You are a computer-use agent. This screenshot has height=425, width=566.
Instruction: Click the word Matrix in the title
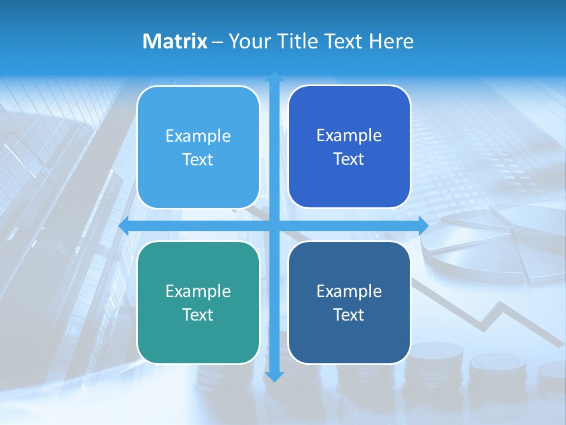pos(175,41)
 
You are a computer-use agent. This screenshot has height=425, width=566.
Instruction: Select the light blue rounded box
pos(198,148)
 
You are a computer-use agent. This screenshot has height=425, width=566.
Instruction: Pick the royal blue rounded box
pos(349,147)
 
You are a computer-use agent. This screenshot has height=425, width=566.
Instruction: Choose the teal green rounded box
pos(198,302)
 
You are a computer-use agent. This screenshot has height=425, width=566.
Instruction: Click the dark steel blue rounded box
pos(349,302)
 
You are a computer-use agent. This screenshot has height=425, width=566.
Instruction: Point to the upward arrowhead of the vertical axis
pos(274,76)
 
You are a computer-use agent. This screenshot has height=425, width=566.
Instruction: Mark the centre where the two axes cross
pos(274,225)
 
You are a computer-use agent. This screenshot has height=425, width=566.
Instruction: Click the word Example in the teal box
pos(198,291)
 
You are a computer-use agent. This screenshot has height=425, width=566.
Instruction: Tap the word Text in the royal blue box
pos(349,159)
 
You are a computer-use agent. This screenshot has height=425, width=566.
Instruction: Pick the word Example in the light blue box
pos(198,136)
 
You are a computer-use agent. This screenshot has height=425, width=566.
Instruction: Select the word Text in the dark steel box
pos(349,315)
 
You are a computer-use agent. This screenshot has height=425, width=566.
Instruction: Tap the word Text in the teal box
pos(198,315)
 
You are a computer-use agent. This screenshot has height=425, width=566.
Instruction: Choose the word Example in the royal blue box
pos(349,136)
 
